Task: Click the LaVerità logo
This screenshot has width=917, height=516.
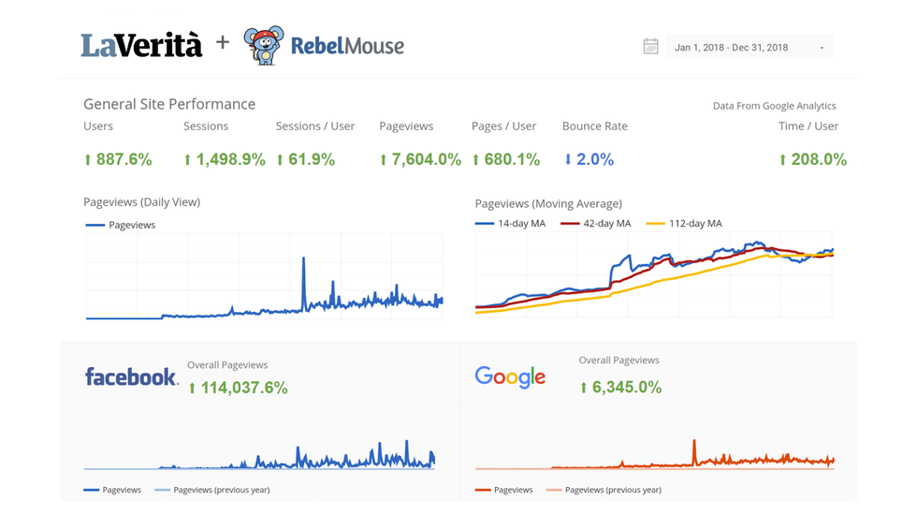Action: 141,45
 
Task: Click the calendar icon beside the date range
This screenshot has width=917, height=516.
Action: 650,47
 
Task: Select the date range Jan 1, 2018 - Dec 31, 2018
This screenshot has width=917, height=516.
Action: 732,48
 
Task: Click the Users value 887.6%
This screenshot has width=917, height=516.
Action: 118,160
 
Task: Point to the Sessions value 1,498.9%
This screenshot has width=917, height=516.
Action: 225,160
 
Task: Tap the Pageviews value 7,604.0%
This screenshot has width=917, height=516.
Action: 420,160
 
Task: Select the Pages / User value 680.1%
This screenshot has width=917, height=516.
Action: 505,160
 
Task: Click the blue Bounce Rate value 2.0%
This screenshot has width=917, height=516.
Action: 589,160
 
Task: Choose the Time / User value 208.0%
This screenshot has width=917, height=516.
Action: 812,160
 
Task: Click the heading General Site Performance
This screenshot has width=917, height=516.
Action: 169,104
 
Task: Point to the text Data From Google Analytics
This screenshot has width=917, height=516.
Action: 774,106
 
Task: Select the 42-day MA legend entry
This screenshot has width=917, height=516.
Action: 595,224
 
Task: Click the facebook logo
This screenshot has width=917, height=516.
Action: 131,376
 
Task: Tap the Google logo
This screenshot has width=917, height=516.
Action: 510,376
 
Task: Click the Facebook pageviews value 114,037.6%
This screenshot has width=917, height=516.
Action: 238,388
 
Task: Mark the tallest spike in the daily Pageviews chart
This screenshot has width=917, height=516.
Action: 303,260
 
